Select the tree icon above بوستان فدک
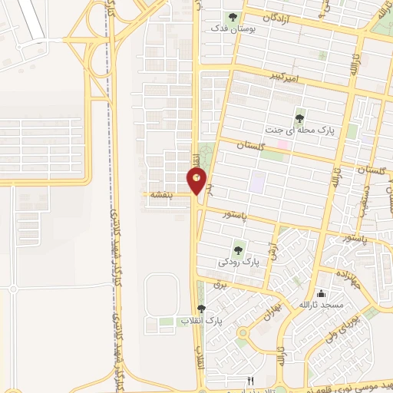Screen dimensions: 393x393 233,17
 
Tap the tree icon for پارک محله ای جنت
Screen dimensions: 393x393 299,118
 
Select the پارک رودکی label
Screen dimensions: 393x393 239,262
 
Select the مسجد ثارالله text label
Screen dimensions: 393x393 322,306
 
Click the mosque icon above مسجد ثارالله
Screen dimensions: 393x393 321,293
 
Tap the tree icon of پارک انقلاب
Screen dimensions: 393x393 201,309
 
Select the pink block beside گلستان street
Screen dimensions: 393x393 283,144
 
